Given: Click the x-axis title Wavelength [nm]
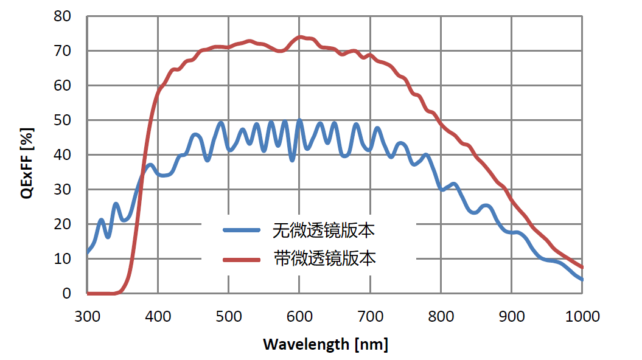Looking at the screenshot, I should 325,345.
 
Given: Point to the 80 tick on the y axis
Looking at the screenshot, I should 63,16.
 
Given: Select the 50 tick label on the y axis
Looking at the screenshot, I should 63,120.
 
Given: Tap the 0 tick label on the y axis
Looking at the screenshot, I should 67,294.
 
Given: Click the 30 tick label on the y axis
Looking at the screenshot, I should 63,190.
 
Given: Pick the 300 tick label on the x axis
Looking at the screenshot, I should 87,317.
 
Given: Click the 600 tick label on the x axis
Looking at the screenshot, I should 299,317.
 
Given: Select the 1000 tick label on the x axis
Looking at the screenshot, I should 582,317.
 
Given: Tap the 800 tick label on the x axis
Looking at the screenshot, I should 441,317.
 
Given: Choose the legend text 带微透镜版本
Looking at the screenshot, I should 324,259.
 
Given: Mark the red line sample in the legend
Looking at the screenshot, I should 243,260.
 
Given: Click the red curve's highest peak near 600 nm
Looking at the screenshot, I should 300,37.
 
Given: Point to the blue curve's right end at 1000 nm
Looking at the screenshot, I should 582,279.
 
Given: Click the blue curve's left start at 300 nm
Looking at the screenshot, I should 88,252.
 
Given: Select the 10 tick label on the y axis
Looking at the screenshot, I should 63,259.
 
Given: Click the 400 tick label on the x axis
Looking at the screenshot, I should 158,317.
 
